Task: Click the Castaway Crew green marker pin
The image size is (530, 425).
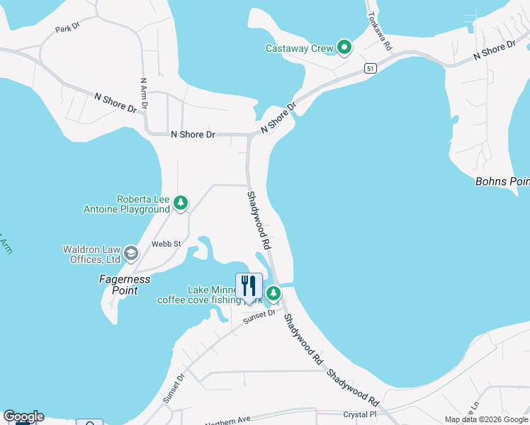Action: (344, 48)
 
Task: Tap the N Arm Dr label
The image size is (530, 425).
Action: (144, 93)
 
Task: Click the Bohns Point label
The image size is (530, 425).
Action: (502, 182)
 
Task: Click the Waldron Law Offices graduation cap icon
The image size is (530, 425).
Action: (130, 253)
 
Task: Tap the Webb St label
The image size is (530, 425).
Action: (167, 244)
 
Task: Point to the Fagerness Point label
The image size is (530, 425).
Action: (124, 285)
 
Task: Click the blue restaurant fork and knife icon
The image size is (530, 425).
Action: (249, 286)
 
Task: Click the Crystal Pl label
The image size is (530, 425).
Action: (360, 414)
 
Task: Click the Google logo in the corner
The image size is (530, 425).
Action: (23, 416)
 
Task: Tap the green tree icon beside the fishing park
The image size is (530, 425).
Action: (274, 293)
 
